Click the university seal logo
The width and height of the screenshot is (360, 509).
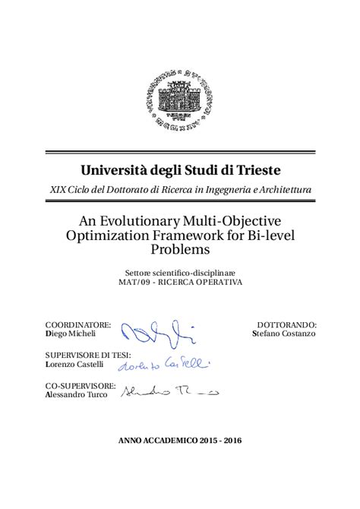click(x=180, y=99)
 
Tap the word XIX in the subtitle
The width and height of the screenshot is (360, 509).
click(x=57, y=189)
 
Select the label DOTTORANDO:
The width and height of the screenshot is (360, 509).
click(x=286, y=324)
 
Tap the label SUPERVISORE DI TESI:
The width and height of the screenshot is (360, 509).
click(x=88, y=355)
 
